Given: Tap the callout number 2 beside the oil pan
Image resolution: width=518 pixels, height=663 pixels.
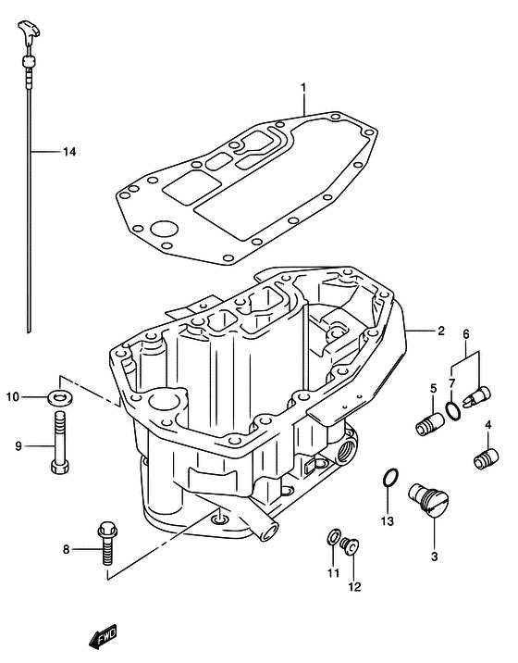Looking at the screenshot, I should (441, 331).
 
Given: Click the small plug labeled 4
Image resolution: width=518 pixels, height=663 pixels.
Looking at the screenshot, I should (482, 457).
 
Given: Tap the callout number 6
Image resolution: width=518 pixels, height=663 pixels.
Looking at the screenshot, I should (466, 334).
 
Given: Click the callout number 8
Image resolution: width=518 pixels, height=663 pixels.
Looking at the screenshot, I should (66, 550).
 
